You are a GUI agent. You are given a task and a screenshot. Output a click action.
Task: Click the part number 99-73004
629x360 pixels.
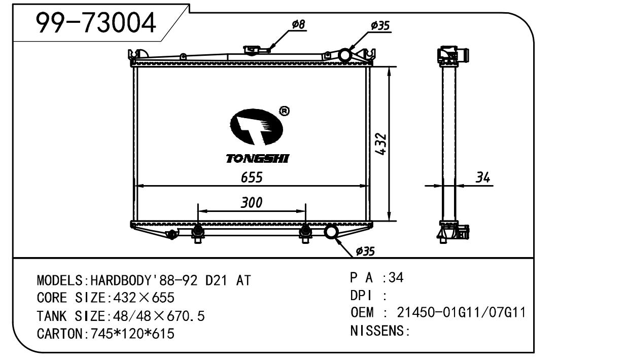tap(96, 23)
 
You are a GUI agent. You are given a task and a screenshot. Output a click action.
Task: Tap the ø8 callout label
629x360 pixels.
tap(298, 24)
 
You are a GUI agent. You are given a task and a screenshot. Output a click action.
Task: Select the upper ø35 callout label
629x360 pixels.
tap(380, 25)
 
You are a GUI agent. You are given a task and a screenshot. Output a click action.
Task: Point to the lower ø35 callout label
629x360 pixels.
tap(365, 251)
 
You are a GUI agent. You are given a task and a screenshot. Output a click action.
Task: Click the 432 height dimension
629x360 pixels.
tap(381, 144)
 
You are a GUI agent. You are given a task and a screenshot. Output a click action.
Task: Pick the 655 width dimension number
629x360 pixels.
tap(252, 177)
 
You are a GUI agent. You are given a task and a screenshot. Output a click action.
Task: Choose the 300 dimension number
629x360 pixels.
tap(252, 203)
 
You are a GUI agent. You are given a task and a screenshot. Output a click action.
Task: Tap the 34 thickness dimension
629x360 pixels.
tap(483, 177)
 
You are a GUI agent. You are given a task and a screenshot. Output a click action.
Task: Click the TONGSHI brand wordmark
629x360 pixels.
tap(257, 159)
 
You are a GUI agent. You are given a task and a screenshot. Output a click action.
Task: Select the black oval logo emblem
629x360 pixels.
tap(256, 127)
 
